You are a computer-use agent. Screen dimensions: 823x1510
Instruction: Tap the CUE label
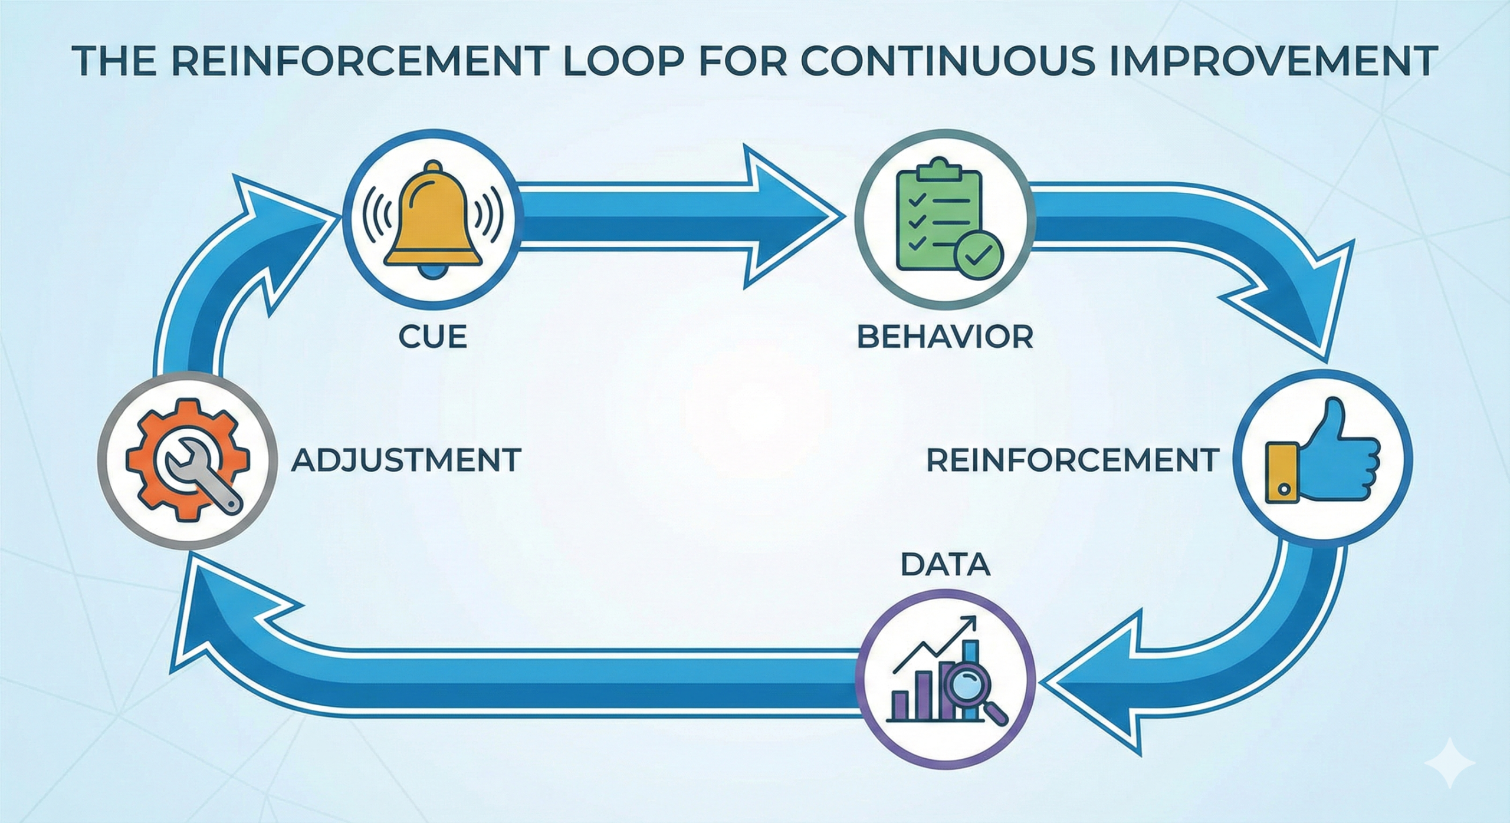[x=432, y=337]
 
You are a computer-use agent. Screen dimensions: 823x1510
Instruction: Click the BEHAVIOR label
[x=944, y=337]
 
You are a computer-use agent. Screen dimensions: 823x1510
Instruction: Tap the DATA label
[x=945, y=564]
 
